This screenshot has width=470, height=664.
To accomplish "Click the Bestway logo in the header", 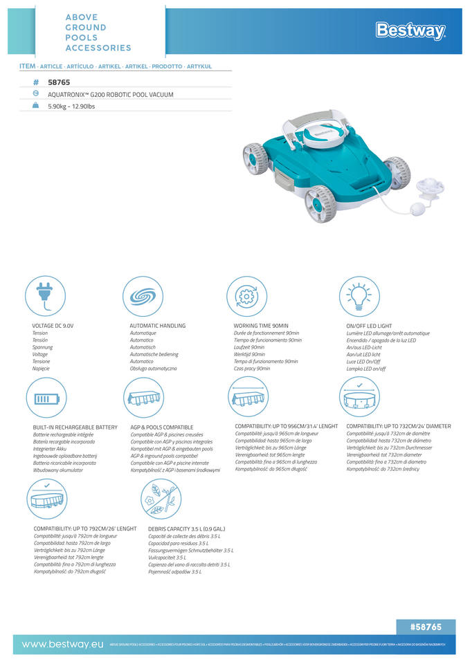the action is click(x=410, y=30).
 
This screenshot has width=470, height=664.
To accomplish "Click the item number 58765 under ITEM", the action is click(x=59, y=82).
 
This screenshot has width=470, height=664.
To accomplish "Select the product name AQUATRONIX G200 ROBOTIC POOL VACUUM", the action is click(x=110, y=94).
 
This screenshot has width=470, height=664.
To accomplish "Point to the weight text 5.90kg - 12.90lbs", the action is click(x=71, y=106).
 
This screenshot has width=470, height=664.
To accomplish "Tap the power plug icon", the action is click(x=46, y=296).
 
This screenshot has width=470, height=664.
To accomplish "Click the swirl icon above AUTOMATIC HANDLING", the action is click(x=143, y=296).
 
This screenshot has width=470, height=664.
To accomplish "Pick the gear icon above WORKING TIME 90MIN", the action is click(x=247, y=296).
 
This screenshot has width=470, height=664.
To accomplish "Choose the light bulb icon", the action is click(x=359, y=296).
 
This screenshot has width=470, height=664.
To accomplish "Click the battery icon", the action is click(x=46, y=398).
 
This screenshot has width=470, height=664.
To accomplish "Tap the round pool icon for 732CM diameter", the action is click(x=359, y=397).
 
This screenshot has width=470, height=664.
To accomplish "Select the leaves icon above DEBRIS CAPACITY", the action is click(x=160, y=499).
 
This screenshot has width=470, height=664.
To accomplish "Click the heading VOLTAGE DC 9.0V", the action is click(x=53, y=325).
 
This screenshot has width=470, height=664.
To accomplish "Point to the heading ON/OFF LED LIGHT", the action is click(x=369, y=325).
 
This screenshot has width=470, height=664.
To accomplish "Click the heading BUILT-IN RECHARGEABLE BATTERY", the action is click(x=75, y=427).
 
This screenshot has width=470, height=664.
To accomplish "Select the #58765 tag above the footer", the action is click(x=425, y=627).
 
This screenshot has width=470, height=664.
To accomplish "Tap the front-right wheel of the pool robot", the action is click(x=320, y=202).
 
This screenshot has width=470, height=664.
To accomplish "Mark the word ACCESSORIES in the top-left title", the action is click(x=98, y=48).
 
